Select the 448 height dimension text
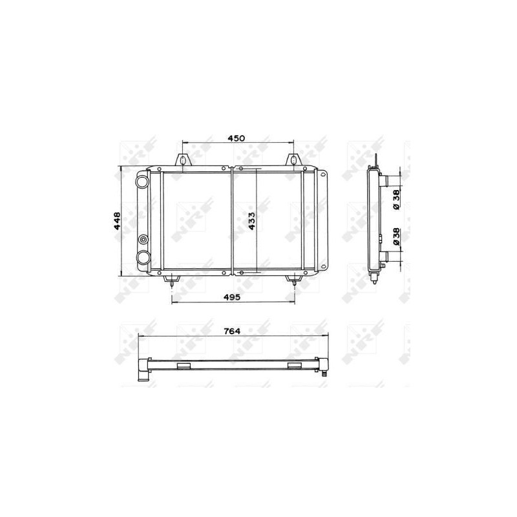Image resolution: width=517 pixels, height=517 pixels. (116, 222)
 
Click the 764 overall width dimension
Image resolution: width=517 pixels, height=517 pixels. (232, 330)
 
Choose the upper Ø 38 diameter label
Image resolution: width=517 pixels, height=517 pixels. (396, 199)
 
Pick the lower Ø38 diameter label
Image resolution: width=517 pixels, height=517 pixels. (396, 238)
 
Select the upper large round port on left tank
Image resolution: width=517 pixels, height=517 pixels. (142, 182)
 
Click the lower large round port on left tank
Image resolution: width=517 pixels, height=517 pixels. (142, 258)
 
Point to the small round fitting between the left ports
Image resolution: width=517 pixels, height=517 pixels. (142, 241)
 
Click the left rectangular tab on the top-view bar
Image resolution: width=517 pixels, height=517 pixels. (184, 366)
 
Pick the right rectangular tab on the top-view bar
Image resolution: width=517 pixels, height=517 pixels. (295, 366)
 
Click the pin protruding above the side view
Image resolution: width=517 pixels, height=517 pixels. (375, 158)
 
